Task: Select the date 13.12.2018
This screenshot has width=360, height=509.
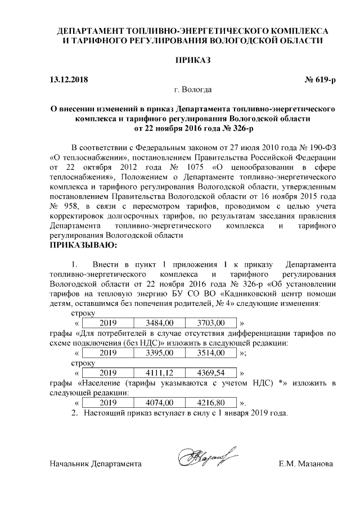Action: (69, 79)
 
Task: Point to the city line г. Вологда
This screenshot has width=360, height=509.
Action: (193, 89)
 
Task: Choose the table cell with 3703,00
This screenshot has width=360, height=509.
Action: (211, 323)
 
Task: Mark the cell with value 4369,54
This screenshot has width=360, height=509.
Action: (211, 373)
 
